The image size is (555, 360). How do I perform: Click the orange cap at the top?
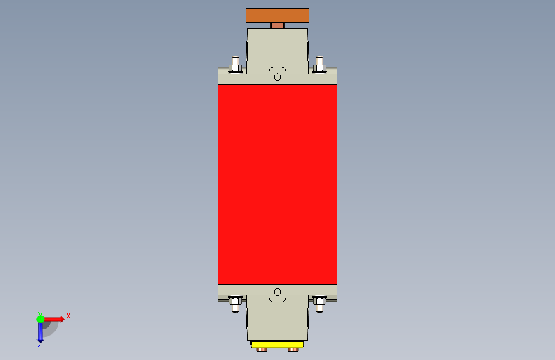coord(278,15)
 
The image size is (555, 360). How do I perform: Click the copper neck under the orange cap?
coord(278,26)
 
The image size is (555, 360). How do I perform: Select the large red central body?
coord(278,184)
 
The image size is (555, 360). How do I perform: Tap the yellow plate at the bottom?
coord(277,345)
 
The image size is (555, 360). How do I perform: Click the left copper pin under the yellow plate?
coord(262,350)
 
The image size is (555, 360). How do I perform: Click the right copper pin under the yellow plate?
coord(293,350)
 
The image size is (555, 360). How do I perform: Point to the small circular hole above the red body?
coord(278,77)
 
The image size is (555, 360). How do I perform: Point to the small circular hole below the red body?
coord(278,292)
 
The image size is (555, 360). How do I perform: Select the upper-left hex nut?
coord(236,69)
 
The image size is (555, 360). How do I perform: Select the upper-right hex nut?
coord(319,69)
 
